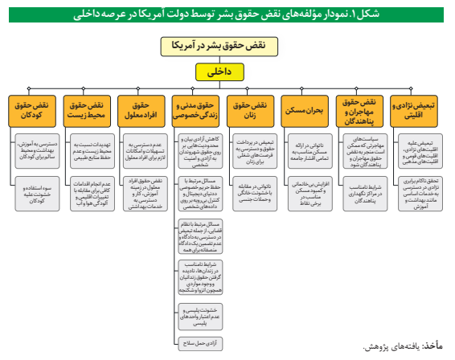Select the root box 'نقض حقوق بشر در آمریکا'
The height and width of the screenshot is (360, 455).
pyautogui.click(x=227, y=47)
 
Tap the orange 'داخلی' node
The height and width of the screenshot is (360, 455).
pyautogui.click(x=227, y=72)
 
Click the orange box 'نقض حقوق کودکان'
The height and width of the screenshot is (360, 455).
pyautogui.click(x=35, y=110)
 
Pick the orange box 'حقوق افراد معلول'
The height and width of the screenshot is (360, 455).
pyautogui.click(x=142, y=110)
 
